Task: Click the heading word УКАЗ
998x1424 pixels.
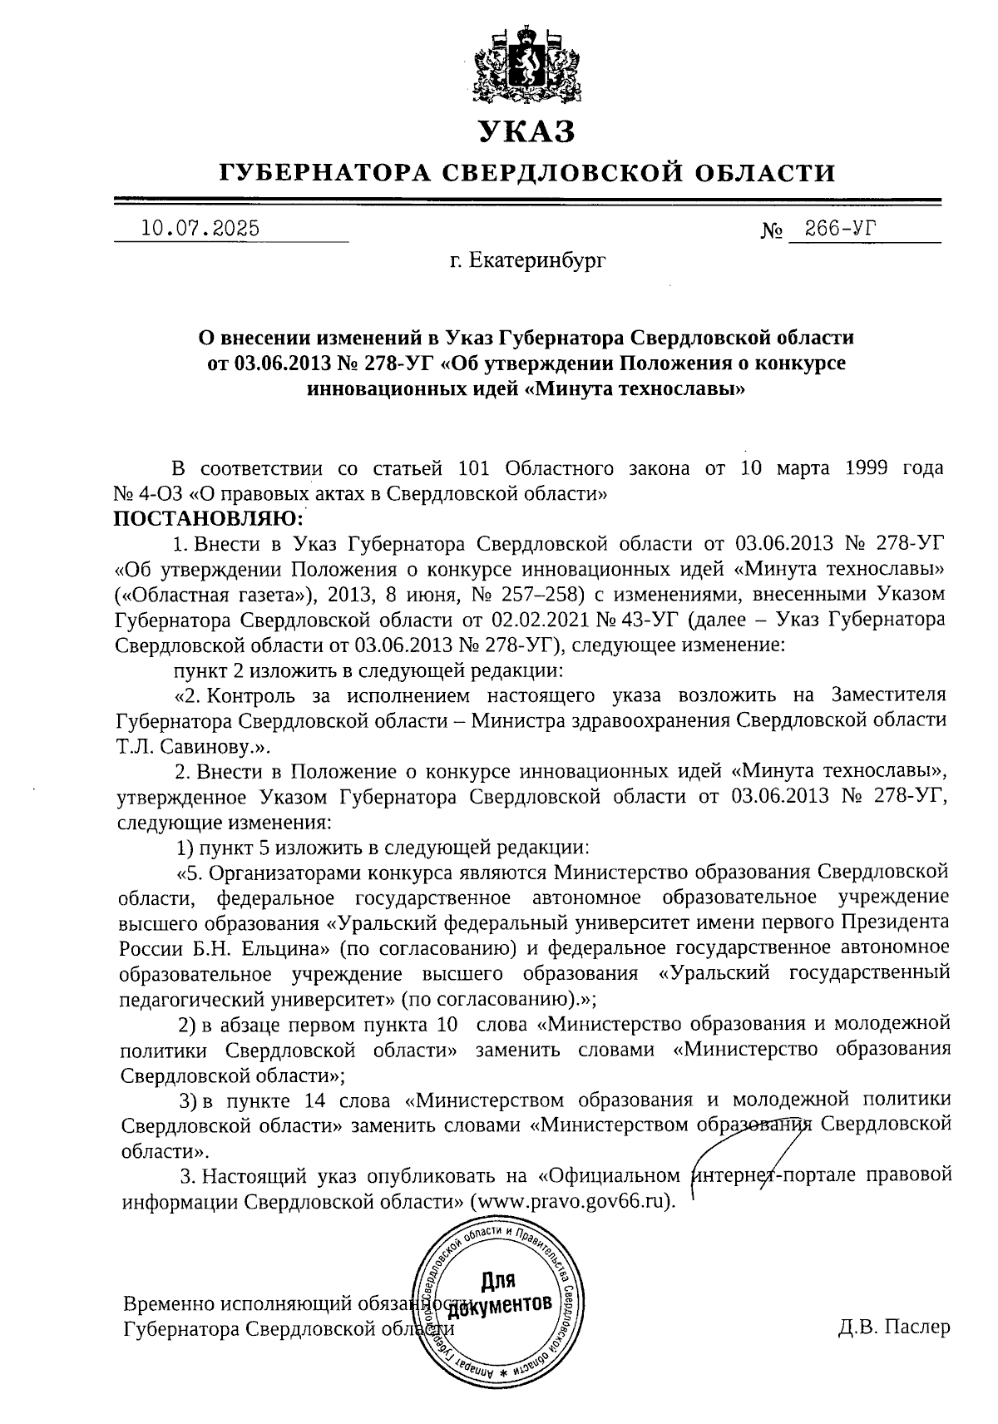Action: pyautogui.click(x=526, y=131)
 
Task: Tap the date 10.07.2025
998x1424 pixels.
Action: pyautogui.click(x=200, y=227)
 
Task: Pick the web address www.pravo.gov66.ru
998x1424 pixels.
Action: pyautogui.click(x=571, y=1203)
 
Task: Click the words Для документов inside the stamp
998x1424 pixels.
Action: pyautogui.click(x=499, y=1293)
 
